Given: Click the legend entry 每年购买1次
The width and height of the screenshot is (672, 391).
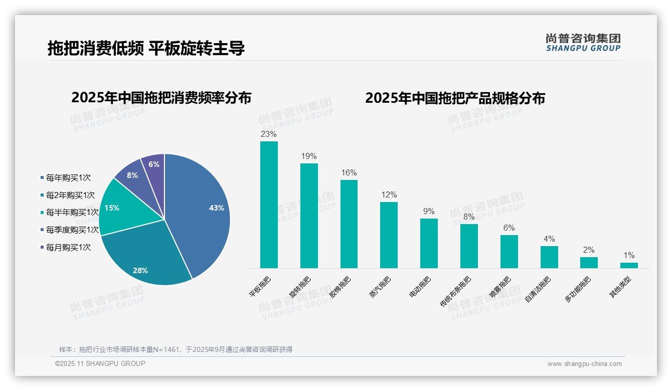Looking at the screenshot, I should point(68,178).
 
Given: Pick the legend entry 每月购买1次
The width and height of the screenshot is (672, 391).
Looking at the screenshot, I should point(68,247).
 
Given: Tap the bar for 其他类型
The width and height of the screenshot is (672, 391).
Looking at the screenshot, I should point(629,265).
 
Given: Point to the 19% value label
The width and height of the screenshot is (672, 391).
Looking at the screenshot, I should point(309,156).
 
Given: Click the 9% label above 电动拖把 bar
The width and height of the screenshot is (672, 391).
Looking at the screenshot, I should point(429,212).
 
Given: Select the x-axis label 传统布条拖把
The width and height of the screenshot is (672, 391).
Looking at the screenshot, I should point(455,291).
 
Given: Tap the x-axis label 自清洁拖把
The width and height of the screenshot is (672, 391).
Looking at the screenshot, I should point(538,289).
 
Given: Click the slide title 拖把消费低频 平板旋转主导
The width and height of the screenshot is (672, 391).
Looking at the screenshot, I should point(146,48).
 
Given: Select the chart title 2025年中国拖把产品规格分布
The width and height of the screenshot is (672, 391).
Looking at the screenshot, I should point(455,98).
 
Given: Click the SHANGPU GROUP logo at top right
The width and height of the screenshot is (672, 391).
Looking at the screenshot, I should point(583,43).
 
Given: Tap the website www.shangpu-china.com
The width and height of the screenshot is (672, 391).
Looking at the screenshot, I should point(584,364).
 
